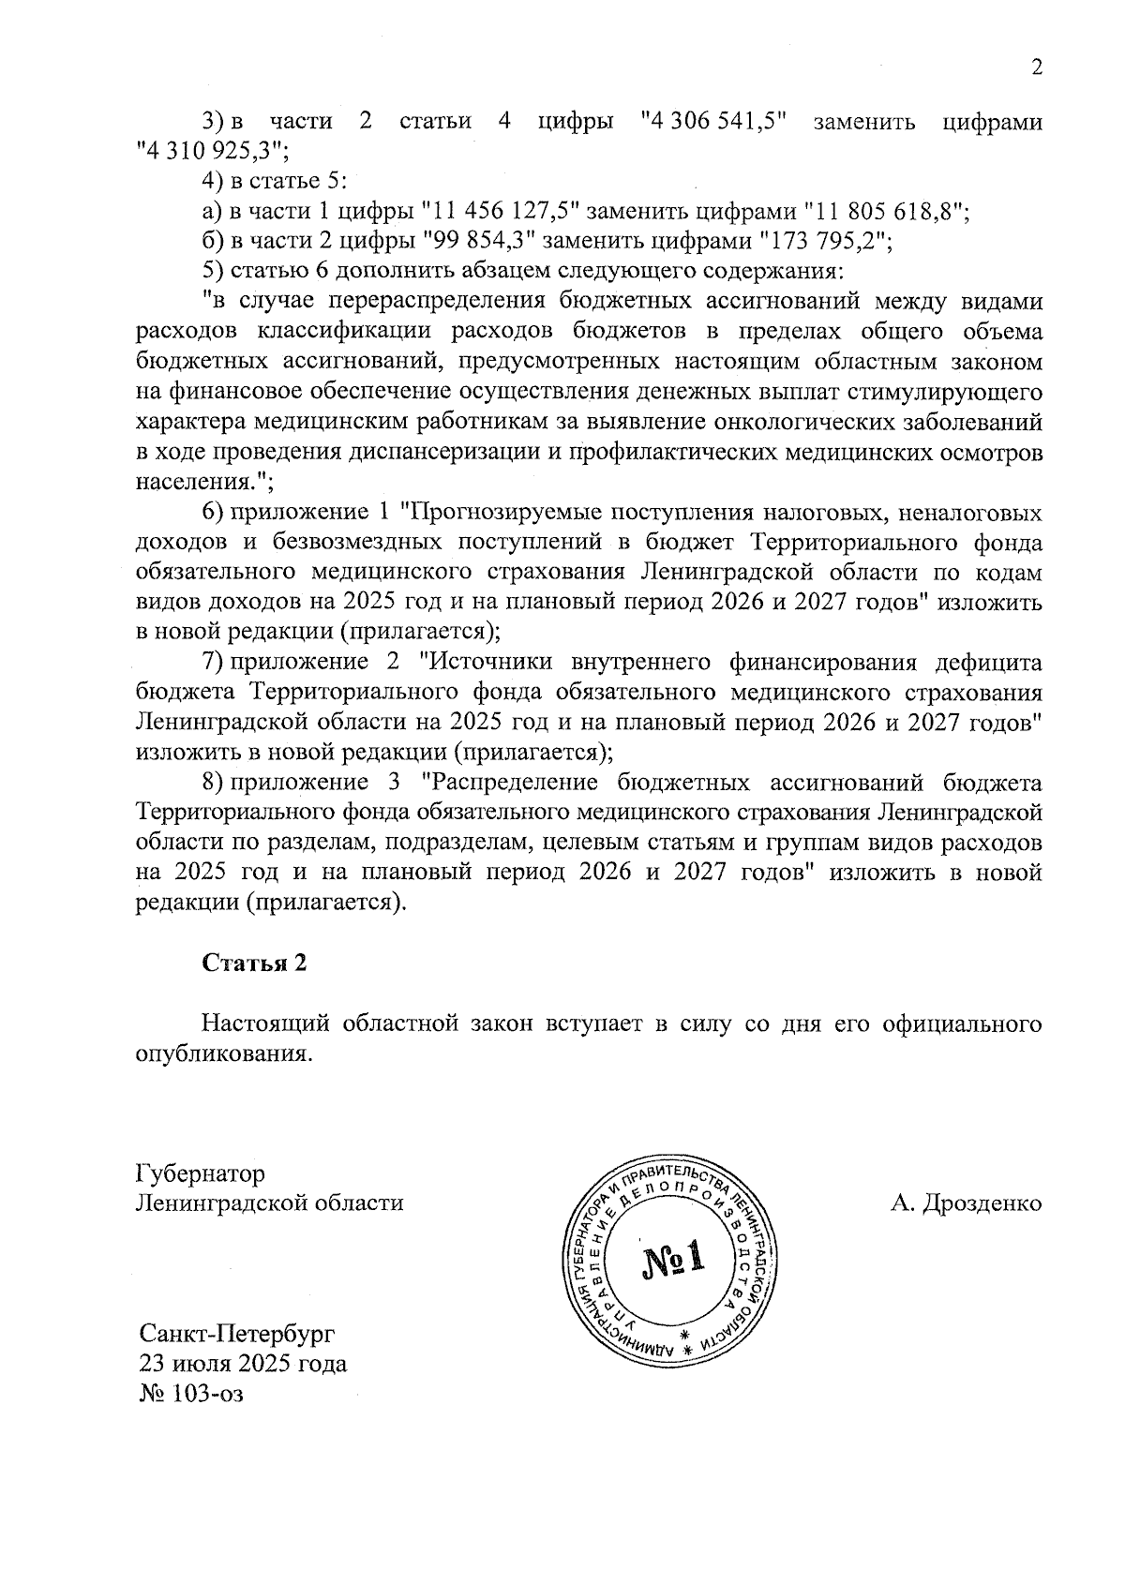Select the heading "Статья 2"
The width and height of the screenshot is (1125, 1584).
pyautogui.click(x=255, y=964)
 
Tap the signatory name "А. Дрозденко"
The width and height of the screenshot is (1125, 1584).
pyautogui.click(x=966, y=1203)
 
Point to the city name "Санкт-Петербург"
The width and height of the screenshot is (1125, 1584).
pyautogui.click(x=236, y=1333)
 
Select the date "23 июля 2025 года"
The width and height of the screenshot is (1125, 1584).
pyautogui.click(x=243, y=1362)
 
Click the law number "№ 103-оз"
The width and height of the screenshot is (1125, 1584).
pyautogui.click(x=190, y=1393)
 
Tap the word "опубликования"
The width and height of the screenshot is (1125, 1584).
pyautogui.click(x=222, y=1053)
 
